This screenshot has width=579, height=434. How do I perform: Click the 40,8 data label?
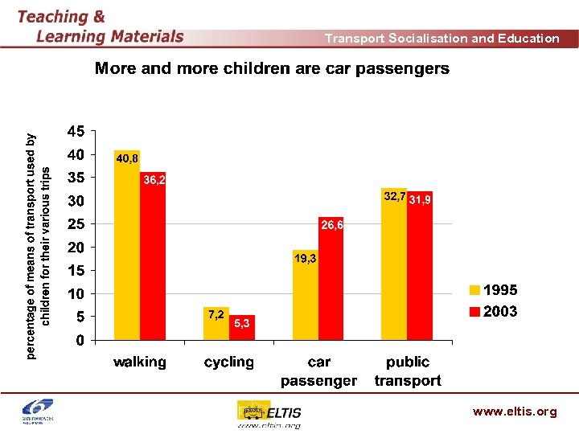(127, 159)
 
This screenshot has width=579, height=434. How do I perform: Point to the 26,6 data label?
(332, 226)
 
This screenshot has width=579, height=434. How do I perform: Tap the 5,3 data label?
(242, 323)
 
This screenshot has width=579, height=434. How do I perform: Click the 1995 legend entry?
(493, 290)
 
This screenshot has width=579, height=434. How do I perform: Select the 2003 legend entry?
(493, 311)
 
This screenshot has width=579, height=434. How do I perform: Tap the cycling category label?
(229, 362)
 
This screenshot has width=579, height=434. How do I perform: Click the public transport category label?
(408, 371)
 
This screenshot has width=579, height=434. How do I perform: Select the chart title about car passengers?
(272, 68)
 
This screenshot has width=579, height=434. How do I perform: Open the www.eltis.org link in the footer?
(515, 411)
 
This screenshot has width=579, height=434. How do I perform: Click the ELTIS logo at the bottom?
(269, 413)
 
